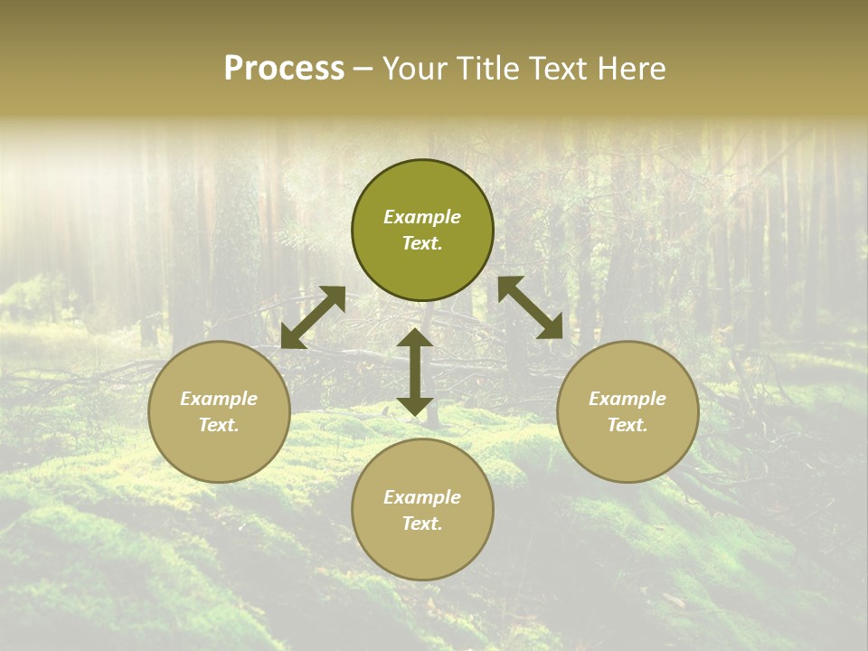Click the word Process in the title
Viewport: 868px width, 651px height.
(284, 69)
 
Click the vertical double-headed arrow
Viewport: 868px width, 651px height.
(415, 372)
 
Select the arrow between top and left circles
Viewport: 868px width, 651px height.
(313, 317)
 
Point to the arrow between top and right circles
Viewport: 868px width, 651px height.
(530, 308)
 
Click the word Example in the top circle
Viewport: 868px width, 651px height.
(422, 217)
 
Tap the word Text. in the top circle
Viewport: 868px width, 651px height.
(422, 243)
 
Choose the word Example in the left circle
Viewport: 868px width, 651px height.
(219, 399)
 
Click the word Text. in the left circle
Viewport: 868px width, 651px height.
(219, 425)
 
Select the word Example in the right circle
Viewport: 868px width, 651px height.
(627, 399)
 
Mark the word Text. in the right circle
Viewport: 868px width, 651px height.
(627, 425)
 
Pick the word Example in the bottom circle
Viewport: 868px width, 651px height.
(422, 497)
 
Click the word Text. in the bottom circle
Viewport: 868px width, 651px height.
(422, 524)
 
